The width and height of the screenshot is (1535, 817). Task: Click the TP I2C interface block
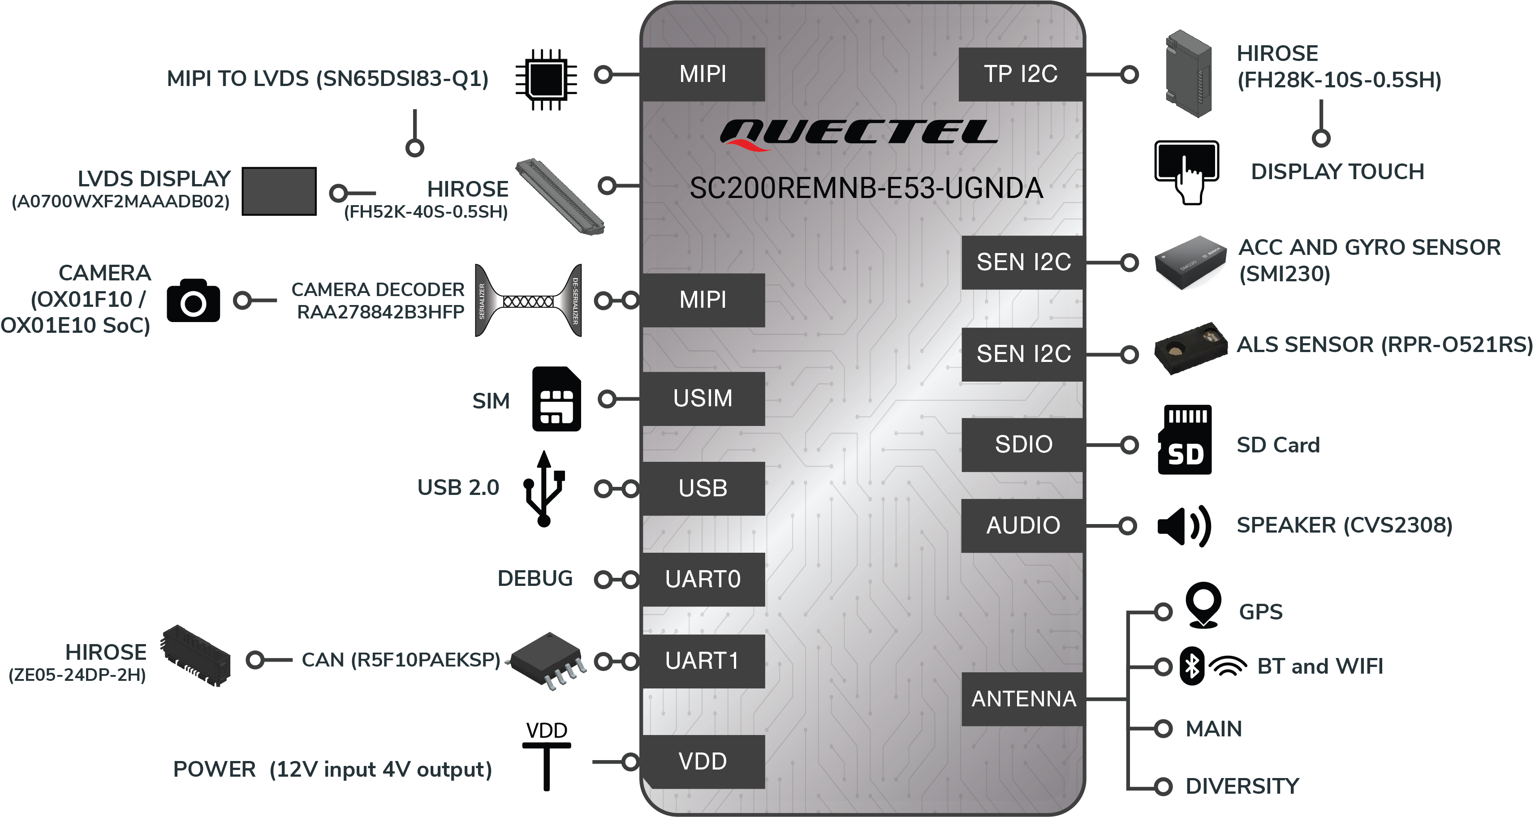(x=1021, y=74)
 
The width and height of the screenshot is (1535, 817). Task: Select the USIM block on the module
(x=703, y=399)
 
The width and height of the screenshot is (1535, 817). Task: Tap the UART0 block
(x=703, y=579)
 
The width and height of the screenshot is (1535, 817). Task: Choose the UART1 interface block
(x=703, y=661)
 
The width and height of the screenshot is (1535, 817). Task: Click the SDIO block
(x=1022, y=444)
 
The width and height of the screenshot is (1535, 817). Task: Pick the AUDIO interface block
(x=1022, y=525)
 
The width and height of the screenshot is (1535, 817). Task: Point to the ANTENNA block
(x=1022, y=699)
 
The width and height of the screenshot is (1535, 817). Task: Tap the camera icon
(x=194, y=301)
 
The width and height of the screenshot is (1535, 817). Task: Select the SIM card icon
(x=556, y=399)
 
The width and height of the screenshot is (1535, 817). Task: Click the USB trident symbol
(x=544, y=489)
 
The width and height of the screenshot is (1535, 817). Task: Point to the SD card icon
(x=1185, y=440)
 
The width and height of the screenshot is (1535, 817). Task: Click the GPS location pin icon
(x=1204, y=605)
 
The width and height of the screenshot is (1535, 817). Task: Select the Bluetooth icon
(x=1192, y=666)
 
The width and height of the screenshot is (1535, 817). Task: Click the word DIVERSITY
(x=1242, y=786)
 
